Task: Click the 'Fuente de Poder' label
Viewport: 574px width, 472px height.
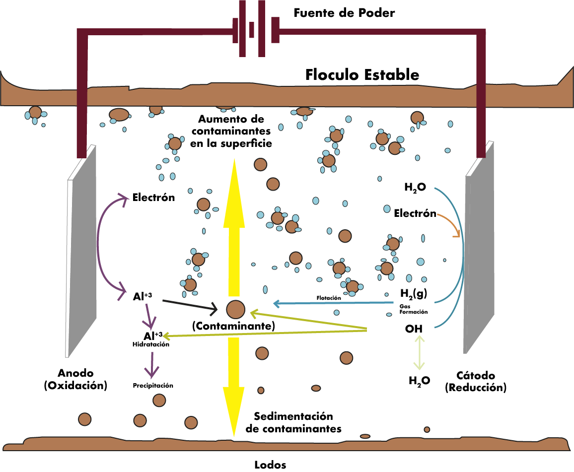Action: (x=344, y=13)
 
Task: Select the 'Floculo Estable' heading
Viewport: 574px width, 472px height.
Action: (x=362, y=75)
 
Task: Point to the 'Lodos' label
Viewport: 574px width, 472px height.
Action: (x=270, y=465)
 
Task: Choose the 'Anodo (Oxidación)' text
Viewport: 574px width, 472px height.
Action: (x=75, y=379)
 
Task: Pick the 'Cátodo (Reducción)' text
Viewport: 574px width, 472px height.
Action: (x=476, y=382)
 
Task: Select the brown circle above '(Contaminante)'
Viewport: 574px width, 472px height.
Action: (x=235, y=309)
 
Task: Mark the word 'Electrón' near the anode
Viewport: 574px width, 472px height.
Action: (x=153, y=198)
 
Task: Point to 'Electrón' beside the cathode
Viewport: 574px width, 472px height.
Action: (x=415, y=213)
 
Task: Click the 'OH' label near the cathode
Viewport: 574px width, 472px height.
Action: (x=414, y=328)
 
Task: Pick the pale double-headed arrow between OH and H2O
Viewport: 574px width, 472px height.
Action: (x=420, y=352)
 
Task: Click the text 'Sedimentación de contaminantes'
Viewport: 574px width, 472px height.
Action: (x=293, y=422)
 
